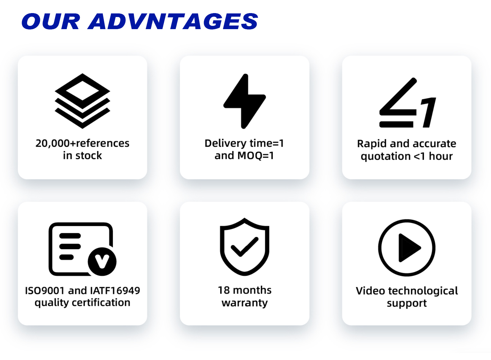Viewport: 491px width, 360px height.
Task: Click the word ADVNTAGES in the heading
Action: tap(173, 21)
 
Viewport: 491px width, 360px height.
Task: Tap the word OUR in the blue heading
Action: tap(51, 21)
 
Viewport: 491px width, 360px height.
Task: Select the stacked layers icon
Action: tap(82, 101)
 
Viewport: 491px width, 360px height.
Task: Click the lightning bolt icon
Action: tap(245, 101)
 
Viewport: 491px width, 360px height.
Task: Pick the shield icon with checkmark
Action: tap(245, 247)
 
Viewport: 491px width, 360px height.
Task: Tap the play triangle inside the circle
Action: tap(409, 248)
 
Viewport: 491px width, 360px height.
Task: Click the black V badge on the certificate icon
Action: tap(102, 261)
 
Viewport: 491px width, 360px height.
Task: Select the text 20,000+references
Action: tap(82, 143)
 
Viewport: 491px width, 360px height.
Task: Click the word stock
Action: tap(89, 155)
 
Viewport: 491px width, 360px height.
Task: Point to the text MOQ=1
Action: tap(256, 156)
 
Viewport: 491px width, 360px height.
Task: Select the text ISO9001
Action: tap(45, 291)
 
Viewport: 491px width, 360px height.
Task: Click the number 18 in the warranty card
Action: tap(224, 290)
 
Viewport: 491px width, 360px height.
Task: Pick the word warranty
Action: tap(245, 303)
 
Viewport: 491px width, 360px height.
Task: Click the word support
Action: tap(407, 304)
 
